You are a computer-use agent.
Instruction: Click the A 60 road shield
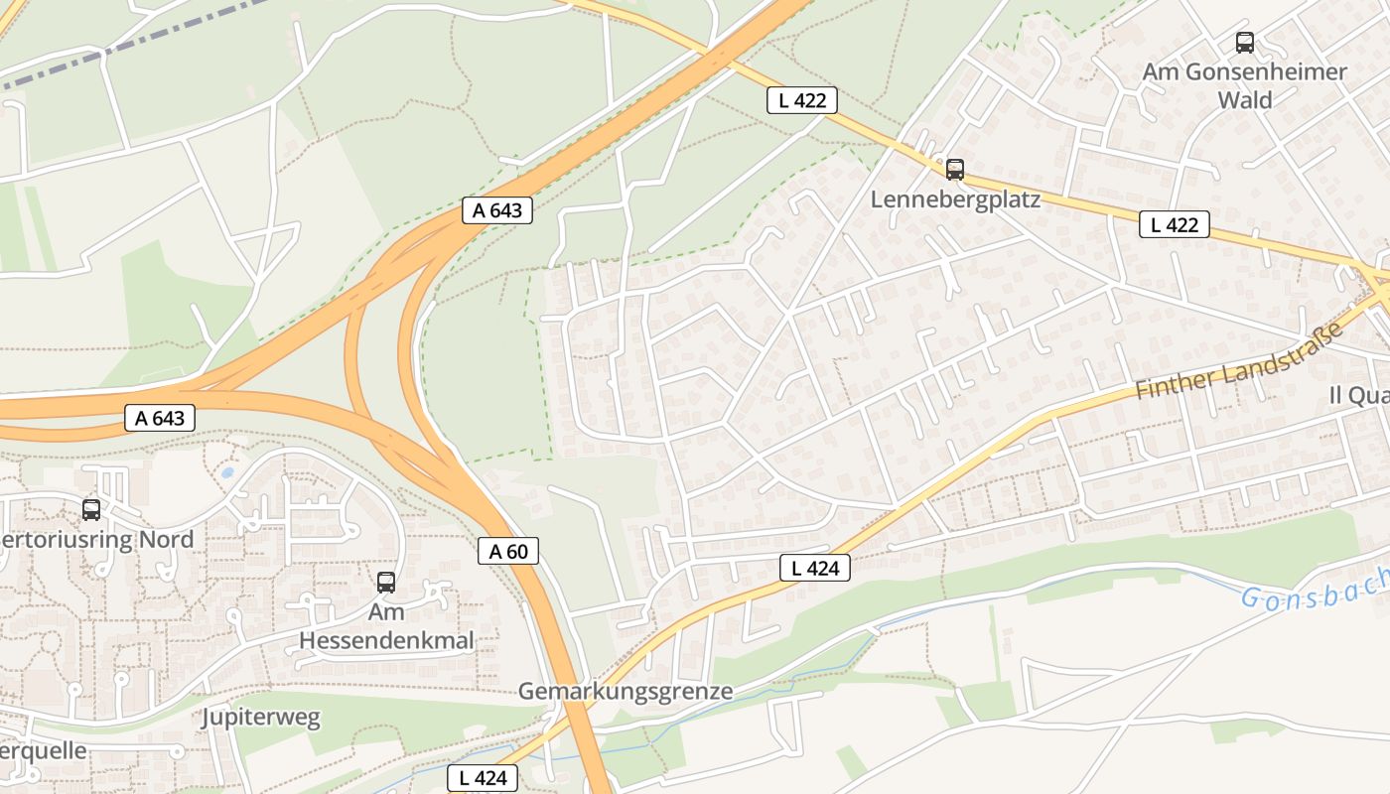click(x=508, y=551)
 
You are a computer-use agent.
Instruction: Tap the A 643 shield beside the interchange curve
click(x=497, y=210)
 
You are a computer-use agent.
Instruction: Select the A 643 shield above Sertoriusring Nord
click(x=160, y=418)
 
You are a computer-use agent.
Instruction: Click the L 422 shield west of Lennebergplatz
click(x=802, y=99)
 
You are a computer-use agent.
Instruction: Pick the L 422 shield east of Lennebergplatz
click(x=1174, y=224)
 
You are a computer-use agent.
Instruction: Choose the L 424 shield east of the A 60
click(x=815, y=568)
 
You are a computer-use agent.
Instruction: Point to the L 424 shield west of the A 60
click(x=484, y=778)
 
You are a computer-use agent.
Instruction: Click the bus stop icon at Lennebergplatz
click(x=954, y=170)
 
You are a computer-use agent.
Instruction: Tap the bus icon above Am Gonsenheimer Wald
click(x=1244, y=43)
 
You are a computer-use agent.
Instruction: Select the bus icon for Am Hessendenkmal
click(x=386, y=583)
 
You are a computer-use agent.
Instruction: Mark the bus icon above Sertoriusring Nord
click(x=91, y=510)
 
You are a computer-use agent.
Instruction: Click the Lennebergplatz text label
click(x=955, y=199)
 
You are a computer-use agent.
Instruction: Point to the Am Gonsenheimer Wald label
click(x=1244, y=85)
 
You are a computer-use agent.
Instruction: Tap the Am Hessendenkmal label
click(x=386, y=626)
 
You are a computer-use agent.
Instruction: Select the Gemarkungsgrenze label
click(x=625, y=691)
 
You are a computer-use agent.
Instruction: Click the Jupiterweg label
click(x=261, y=718)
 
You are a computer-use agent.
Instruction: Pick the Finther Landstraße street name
click(x=1238, y=360)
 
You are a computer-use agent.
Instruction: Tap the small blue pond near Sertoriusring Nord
click(x=227, y=473)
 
